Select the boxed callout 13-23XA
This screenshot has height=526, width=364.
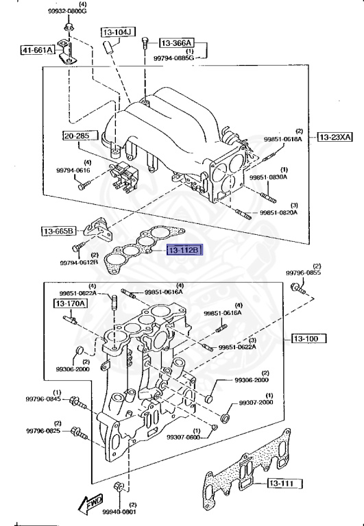[x=335, y=137]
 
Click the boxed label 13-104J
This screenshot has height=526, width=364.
[x=119, y=32]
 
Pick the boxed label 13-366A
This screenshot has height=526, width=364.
[x=177, y=42]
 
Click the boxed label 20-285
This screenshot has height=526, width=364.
[x=77, y=136]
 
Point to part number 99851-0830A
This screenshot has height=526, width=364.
[x=268, y=177]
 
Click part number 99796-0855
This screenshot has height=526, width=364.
[x=303, y=273]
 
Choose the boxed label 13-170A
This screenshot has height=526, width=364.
[x=71, y=302]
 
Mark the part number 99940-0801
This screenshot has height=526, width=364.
[x=119, y=511]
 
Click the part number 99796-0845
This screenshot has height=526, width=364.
[x=44, y=399]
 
